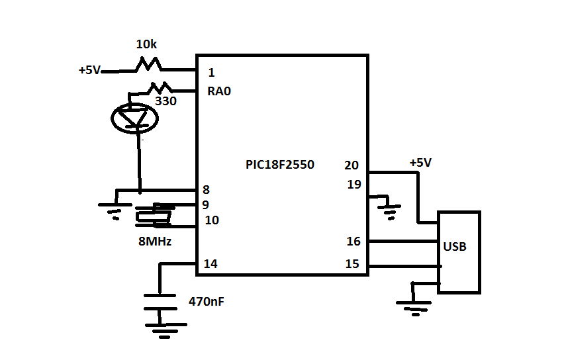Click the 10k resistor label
(x=146, y=45)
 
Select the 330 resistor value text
(x=165, y=101)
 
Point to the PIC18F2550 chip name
(x=280, y=165)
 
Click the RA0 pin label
(x=218, y=92)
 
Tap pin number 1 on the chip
(x=211, y=73)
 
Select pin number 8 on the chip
(x=206, y=190)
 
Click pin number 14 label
(x=211, y=264)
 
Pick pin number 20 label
(x=352, y=165)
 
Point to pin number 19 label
(x=354, y=185)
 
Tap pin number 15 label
(x=352, y=264)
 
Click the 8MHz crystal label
(x=155, y=242)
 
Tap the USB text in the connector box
(x=455, y=247)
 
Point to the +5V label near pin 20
(x=420, y=162)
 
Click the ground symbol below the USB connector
(x=412, y=305)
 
